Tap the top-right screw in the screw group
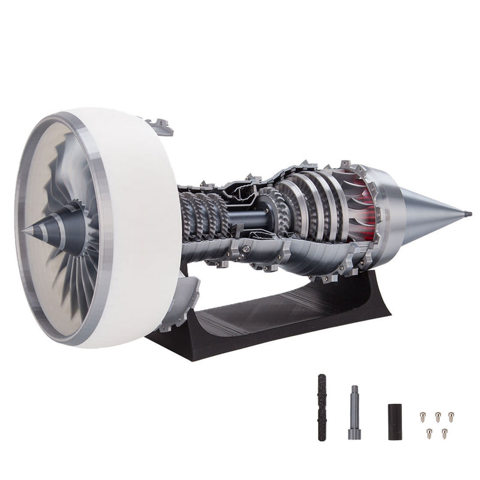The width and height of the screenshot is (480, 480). pyautogui.click(x=451, y=414)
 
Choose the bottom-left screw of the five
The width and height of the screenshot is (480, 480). pyautogui.click(x=429, y=431)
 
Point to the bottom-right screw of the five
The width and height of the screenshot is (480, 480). pyautogui.click(x=444, y=431)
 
